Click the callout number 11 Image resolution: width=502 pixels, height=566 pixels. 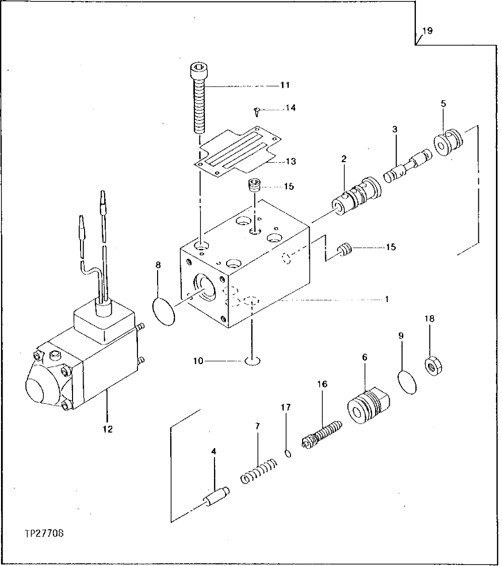click(285, 86)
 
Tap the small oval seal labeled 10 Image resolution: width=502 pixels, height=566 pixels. click(252, 361)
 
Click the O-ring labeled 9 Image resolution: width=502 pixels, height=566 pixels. click(407, 382)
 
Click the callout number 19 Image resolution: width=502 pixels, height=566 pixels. click(426, 31)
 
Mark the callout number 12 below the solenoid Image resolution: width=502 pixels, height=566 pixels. click(108, 429)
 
